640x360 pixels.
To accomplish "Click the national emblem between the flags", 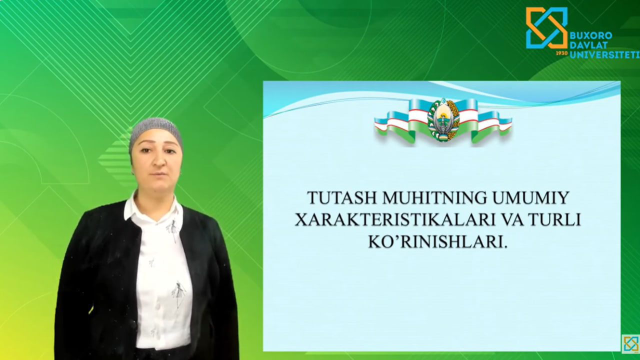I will pyautogui.click(x=443, y=120).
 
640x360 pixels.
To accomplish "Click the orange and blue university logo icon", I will pyautogui.click(x=546, y=28).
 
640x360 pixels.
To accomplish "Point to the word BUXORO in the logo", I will pyautogui.click(x=590, y=36).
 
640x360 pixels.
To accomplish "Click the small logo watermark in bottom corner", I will pyautogui.click(x=630, y=343).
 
